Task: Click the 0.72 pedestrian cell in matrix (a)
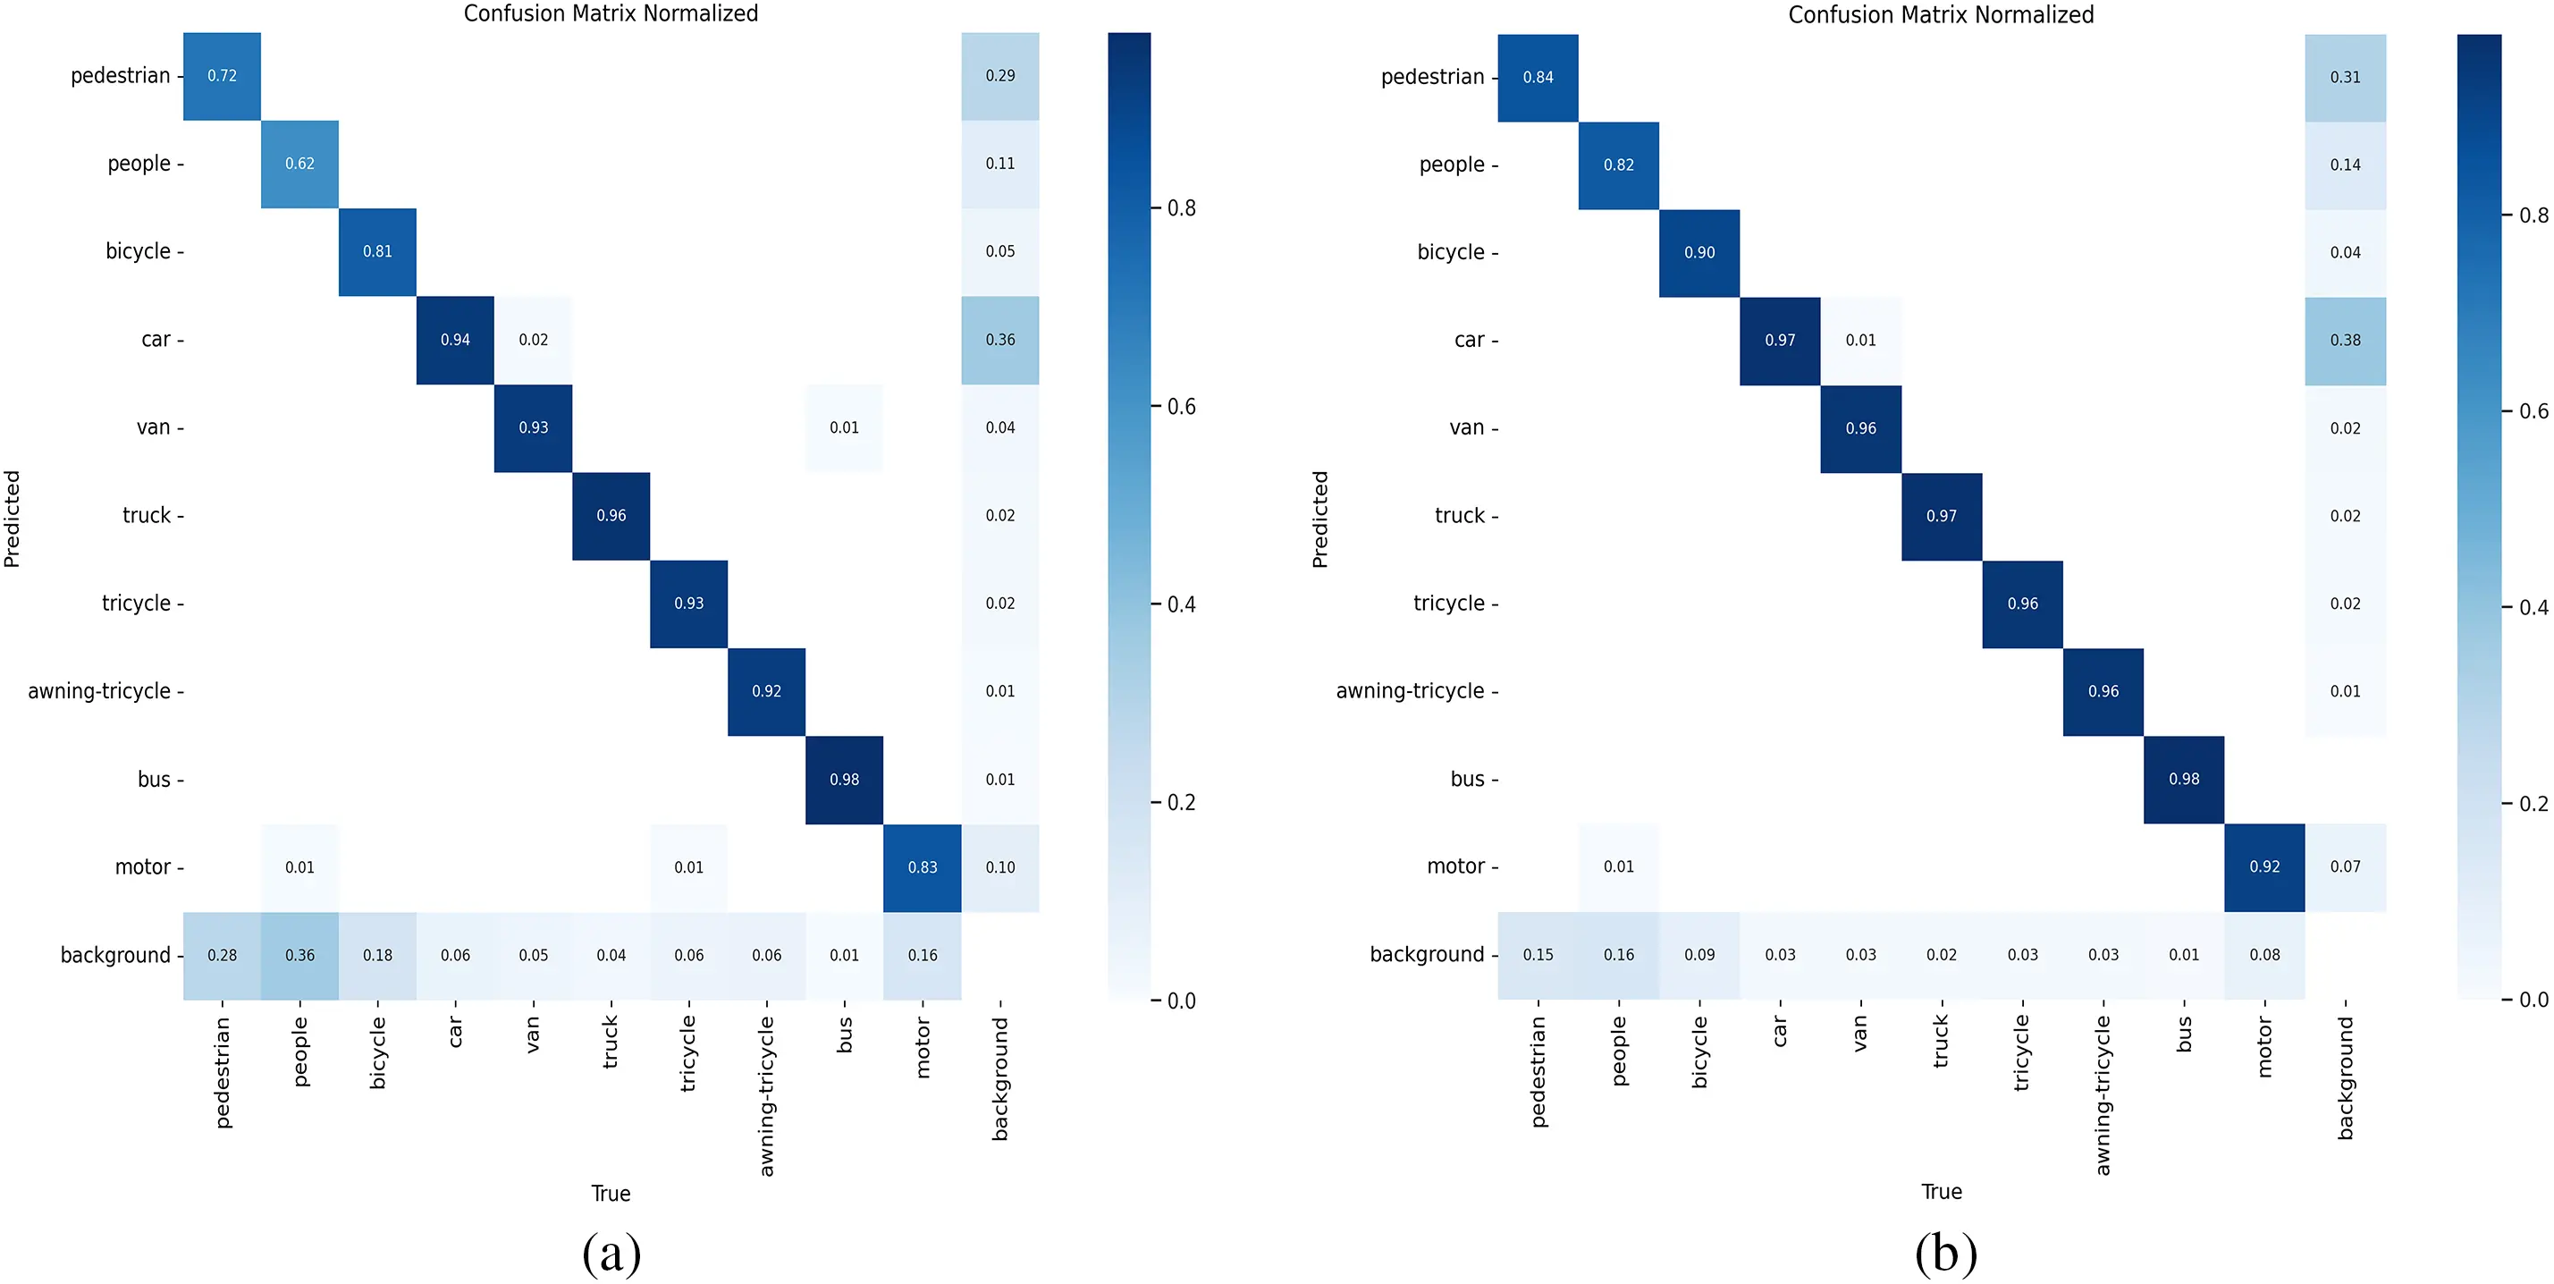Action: pyautogui.click(x=222, y=76)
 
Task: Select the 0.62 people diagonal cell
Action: pyautogui.click(x=299, y=164)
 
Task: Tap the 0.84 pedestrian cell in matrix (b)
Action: pyautogui.click(x=1538, y=77)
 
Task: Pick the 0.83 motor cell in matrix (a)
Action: pyautogui.click(x=922, y=867)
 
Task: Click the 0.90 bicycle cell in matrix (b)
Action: pyautogui.click(x=1699, y=253)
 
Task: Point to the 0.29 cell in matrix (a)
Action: pyautogui.click(x=999, y=76)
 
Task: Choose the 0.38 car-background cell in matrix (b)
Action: pyautogui.click(x=2345, y=340)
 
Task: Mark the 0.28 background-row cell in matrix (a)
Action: pyautogui.click(x=222, y=956)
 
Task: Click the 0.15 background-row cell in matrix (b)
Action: pyautogui.click(x=1538, y=955)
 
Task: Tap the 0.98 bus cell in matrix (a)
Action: pyautogui.click(x=844, y=781)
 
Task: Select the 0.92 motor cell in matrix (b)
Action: pyautogui.click(x=2264, y=866)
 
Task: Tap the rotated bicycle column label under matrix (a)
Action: pyautogui.click(x=378, y=1052)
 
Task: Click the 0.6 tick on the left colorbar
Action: pyautogui.click(x=1181, y=407)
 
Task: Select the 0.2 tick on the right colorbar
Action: pyautogui.click(x=2533, y=803)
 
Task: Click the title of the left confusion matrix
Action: pyautogui.click(x=611, y=14)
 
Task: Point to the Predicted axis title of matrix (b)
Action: pyautogui.click(x=1319, y=519)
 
